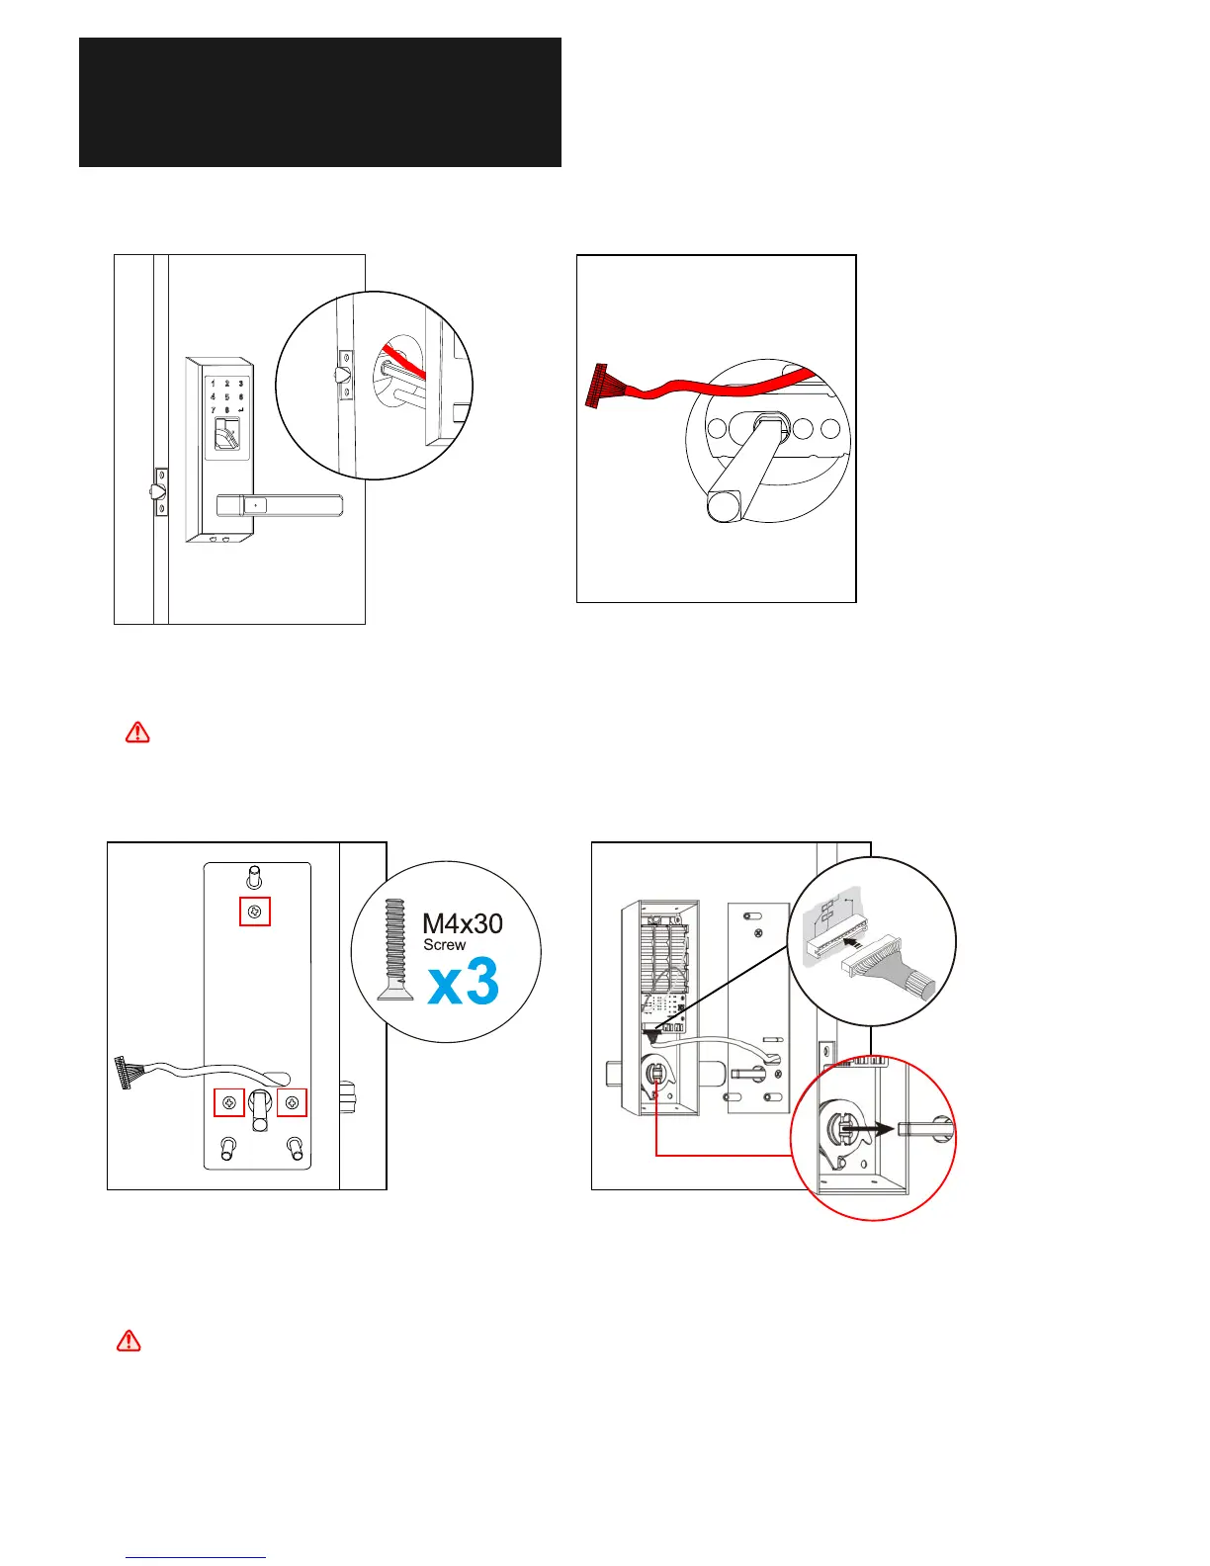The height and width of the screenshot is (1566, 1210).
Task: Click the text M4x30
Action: [x=462, y=923]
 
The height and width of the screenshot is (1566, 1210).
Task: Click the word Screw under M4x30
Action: [x=444, y=945]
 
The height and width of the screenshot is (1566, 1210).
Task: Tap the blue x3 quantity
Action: [x=464, y=982]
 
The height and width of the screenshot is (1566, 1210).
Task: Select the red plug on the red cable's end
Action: [x=600, y=385]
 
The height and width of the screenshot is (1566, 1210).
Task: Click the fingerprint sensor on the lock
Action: [x=226, y=434]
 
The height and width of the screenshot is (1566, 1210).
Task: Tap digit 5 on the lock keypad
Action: [x=226, y=396]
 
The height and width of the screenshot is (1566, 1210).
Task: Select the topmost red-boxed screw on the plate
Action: [x=255, y=912]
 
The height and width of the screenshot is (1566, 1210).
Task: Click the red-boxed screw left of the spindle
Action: [x=229, y=1101]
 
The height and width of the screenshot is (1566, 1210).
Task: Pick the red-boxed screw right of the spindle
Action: [x=292, y=1101]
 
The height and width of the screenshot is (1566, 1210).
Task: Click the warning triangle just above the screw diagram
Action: [x=137, y=733]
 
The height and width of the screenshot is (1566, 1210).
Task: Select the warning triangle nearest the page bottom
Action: [x=129, y=1342]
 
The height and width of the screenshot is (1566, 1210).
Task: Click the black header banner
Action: [x=320, y=102]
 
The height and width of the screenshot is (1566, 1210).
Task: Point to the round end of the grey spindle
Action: [x=721, y=506]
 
